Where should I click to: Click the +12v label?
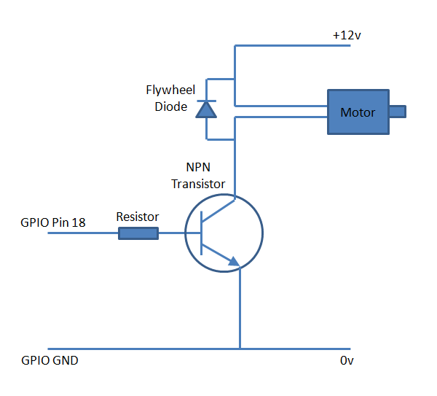(347, 36)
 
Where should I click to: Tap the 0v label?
(347, 360)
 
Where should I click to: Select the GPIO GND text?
(50, 360)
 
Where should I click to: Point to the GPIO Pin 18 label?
(53, 222)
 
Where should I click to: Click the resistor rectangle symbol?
(138, 233)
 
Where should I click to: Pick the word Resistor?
(138, 217)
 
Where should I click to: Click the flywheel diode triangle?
(206, 109)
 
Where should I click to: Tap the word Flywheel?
(170, 90)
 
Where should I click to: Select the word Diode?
(171, 106)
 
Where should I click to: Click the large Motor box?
(358, 112)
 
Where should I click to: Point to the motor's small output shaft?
(398, 112)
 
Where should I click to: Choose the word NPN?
(198, 167)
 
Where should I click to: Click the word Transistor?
(198, 185)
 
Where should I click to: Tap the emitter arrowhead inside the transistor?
(234, 262)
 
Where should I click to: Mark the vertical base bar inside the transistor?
(202, 233)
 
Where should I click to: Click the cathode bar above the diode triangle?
(207, 101)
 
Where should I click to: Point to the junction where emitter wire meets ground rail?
(240, 349)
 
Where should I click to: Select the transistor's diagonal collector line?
(219, 211)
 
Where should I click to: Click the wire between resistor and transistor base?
(179, 233)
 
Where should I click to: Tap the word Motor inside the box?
(358, 112)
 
